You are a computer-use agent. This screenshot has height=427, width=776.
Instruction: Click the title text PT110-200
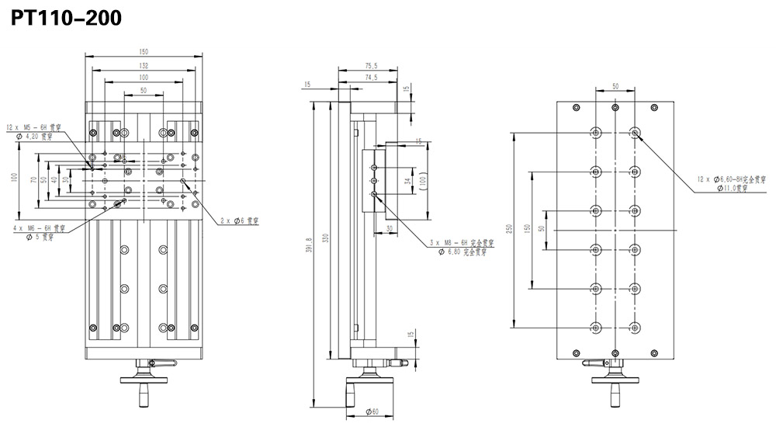[x=66, y=17]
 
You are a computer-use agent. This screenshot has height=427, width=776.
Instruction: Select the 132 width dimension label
[x=144, y=65]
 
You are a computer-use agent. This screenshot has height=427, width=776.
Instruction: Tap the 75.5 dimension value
[x=369, y=65]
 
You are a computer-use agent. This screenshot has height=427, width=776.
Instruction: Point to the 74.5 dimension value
[x=369, y=78]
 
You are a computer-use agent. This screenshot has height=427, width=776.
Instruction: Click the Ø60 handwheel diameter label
[x=372, y=411]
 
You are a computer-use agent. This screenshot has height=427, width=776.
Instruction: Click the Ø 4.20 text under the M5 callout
[x=34, y=137]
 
